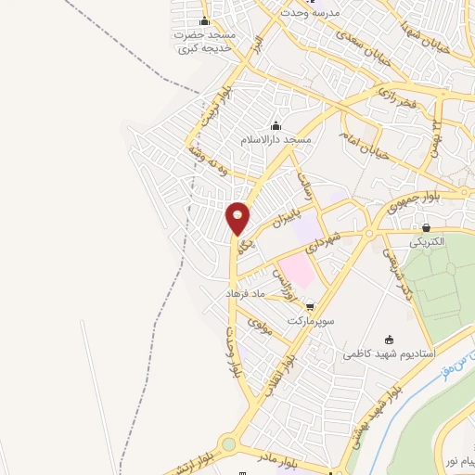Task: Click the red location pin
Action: [x=238, y=218]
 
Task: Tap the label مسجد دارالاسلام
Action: [x=276, y=139]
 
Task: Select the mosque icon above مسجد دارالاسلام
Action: [x=276, y=126]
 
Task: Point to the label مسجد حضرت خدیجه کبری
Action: [x=205, y=41]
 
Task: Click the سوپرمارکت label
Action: [x=308, y=320]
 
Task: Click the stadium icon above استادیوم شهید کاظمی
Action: [x=389, y=340]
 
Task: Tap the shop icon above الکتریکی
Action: [x=426, y=227]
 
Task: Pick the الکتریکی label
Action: [x=428, y=241]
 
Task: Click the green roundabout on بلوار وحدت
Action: [x=229, y=444]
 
